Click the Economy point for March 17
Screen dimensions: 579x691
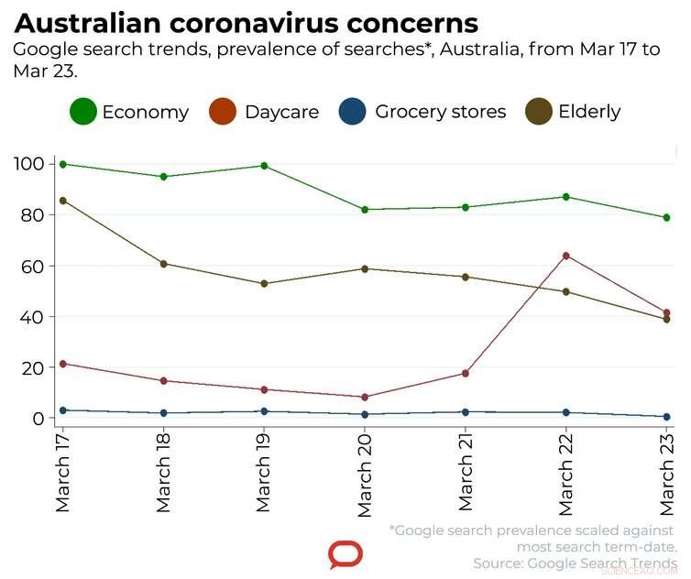tap(62, 164)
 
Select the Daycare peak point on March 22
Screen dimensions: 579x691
tap(566, 256)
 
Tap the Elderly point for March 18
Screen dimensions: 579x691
tap(163, 264)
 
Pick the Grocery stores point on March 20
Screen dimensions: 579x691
tap(365, 414)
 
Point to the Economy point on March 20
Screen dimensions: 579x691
tap(365, 210)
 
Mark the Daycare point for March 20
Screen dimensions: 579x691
tap(365, 397)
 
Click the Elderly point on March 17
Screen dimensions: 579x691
tap(62, 201)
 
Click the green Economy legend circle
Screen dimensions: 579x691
tap(83, 113)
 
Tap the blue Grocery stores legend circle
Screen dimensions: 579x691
tap(354, 113)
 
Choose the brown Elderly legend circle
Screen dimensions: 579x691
tap(538, 113)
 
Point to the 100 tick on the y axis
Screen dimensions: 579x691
tap(29, 164)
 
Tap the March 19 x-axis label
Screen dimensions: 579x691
tap(264, 473)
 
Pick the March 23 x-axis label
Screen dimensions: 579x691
tap(667, 473)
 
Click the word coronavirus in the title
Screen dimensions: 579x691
tap(257, 23)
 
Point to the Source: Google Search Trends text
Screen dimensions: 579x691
tap(575, 563)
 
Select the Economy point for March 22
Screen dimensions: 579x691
tap(566, 197)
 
